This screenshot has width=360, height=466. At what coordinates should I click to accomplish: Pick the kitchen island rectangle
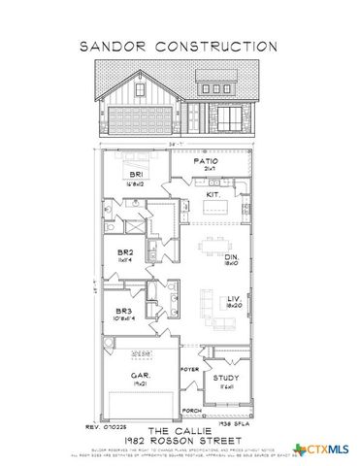(216, 208)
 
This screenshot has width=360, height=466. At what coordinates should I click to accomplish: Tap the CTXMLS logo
(325, 448)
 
